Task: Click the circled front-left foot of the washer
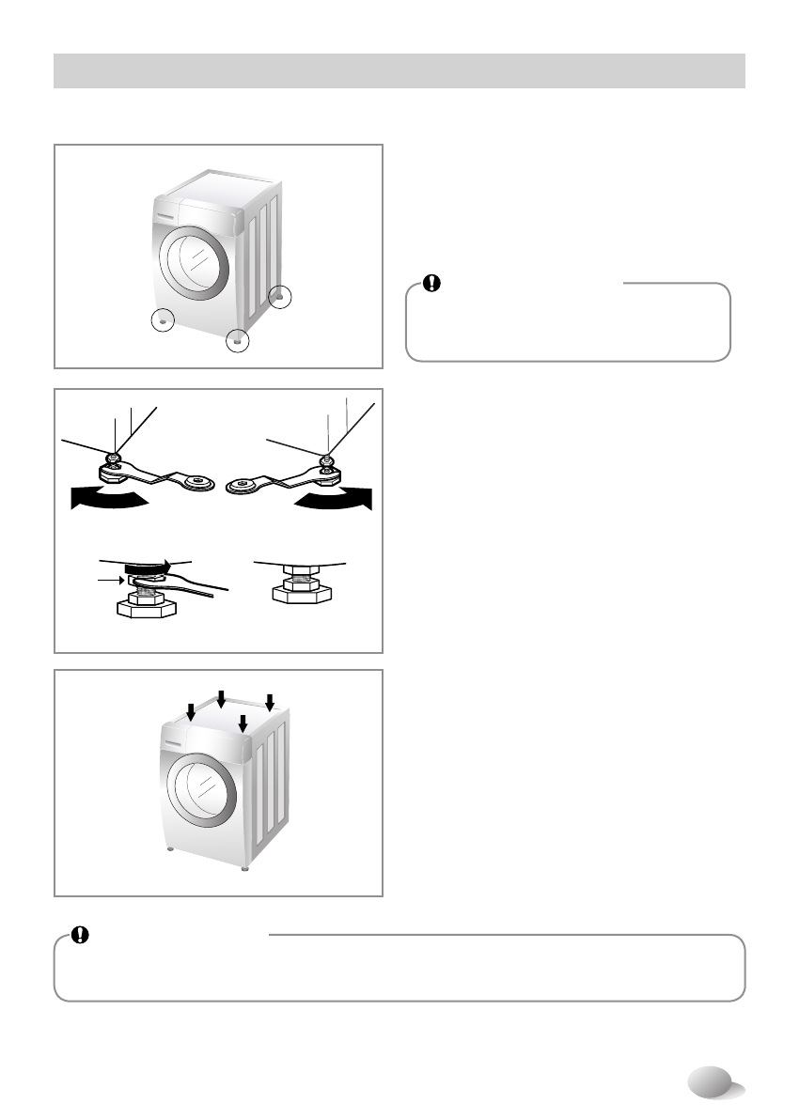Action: pyautogui.click(x=164, y=320)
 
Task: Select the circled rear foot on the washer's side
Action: pyautogui.click(x=280, y=297)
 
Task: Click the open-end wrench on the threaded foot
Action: pyautogui.click(x=197, y=588)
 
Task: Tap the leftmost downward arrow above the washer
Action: pyautogui.click(x=191, y=714)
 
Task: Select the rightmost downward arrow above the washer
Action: pyautogui.click(x=270, y=702)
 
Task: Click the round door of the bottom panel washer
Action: pyautogui.click(x=195, y=789)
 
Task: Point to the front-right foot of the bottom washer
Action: pyautogui.click(x=243, y=867)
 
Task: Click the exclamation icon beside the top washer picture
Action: pyautogui.click(x=431, y=282)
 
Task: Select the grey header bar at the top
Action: pyautogui.click(x=399, y=70)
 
